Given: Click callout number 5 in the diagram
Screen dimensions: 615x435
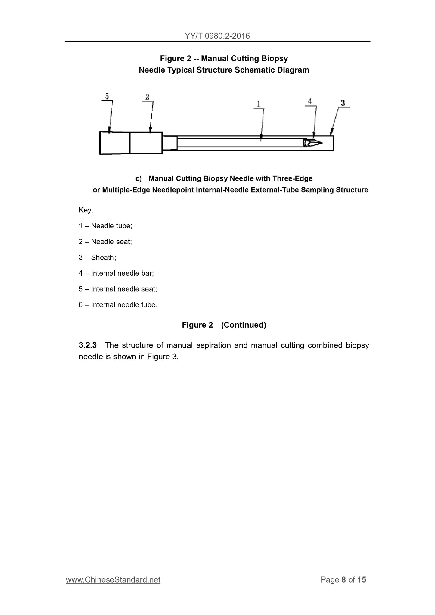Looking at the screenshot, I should coord(107,96).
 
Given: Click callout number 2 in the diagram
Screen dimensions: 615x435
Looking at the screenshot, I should coord(147,97).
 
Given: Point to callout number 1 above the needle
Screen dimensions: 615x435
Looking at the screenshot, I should coord(258,104).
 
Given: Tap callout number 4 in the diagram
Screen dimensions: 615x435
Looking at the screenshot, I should coord(310,101).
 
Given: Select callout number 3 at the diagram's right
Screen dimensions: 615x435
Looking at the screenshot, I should coord(343,103).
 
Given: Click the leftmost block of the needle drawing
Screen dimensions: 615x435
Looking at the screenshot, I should coord(115,143).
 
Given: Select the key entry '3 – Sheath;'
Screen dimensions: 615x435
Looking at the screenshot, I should coord(97,257).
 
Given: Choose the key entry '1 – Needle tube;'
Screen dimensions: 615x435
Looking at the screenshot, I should coord(105,226).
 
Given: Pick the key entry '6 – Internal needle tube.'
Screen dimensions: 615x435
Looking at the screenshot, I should coord(118,305).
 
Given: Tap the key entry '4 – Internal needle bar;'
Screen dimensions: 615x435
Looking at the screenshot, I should coord(116,273).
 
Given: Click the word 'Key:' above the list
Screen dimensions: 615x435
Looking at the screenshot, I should coord(86,210).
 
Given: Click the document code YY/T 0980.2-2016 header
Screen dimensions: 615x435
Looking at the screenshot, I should coord(217,36).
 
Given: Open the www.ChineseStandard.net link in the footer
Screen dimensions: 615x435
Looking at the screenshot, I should coord(113,580).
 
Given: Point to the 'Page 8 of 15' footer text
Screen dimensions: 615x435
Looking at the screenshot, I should coord(343,580).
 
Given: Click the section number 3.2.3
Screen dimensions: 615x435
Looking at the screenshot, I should coord(88,345).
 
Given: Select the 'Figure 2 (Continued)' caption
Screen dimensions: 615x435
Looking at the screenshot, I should coord(224,325).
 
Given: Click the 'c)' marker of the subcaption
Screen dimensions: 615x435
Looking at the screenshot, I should coord(138,179).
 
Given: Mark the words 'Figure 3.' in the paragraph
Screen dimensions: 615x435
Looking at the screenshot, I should coord(163,357).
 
